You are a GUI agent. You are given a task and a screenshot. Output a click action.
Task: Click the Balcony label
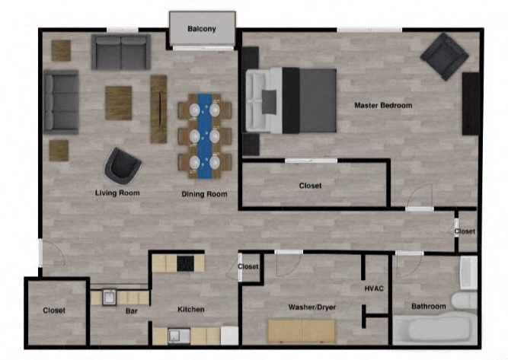(x=202, y=30)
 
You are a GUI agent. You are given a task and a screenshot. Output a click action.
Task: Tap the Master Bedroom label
(x=383, y=105)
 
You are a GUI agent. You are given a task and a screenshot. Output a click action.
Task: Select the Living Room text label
(x=117, y=193)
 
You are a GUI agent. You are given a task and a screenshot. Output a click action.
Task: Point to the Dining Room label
(x=204, y=194)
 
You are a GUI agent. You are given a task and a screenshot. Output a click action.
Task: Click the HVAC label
(x=373, y=288)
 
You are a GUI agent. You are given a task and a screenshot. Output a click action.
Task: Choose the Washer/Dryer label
(x=312, y=307)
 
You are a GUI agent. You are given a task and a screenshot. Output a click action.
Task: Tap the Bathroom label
(x=429, y=307)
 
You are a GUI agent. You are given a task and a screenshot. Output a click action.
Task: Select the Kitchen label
(x=190, y=310)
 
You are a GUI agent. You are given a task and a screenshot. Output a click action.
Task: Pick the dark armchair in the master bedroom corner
(x=444, y=56)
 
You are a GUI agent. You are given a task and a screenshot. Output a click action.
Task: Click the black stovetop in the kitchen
(x=186, y=263)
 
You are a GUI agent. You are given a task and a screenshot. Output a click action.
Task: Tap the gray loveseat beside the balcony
(x=120, y=52)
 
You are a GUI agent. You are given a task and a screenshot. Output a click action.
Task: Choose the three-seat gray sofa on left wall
(x=61, y=102)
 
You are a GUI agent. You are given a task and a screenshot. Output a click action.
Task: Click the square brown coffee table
(x=118, y=102)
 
